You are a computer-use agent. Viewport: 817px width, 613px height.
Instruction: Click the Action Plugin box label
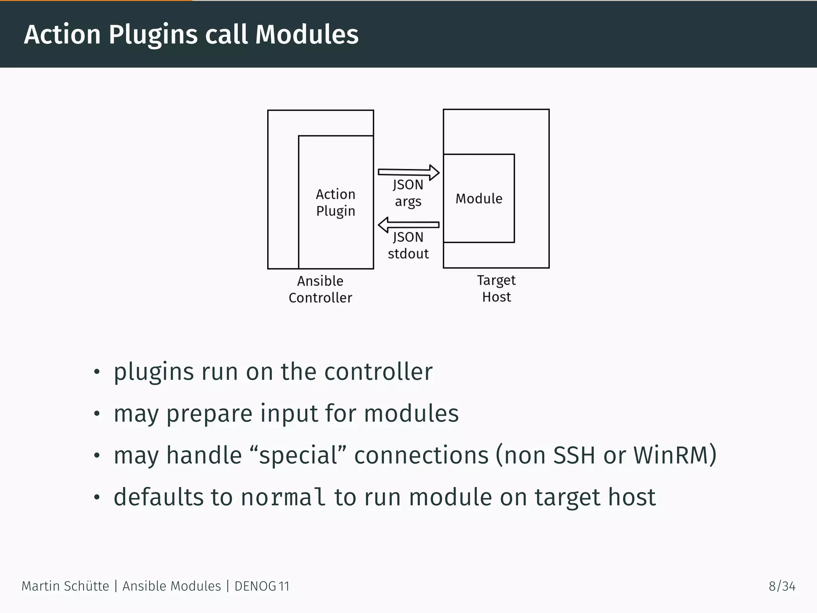pos(335,202)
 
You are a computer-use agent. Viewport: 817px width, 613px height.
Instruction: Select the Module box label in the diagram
pos(479,198)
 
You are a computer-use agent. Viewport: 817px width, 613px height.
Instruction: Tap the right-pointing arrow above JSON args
pos(408,172)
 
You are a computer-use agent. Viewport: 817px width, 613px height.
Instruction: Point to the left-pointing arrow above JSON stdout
pos(408,225)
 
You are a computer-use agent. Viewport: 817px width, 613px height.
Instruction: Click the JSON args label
pos(408,193)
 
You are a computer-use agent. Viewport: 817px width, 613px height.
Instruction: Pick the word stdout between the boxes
pos(408,254)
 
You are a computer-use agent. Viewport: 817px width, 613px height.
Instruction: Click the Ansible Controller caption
pos(320,289)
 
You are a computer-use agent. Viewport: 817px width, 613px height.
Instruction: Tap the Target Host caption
pos(496,289)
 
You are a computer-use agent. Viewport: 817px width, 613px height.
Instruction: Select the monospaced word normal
pos(283,497)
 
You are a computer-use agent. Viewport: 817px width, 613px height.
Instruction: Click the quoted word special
pos(298,455)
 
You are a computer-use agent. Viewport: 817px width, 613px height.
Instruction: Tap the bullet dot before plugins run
pos(96,372)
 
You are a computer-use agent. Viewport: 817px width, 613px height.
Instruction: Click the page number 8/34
pos(782,586)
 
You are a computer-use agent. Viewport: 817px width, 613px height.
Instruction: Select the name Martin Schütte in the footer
pos(65,586)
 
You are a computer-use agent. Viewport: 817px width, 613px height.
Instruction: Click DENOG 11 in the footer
pos(262,586)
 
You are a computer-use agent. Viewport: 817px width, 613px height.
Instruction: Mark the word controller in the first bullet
pos(378,372)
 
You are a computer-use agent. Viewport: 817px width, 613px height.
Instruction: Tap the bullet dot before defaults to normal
pos(96,497)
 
